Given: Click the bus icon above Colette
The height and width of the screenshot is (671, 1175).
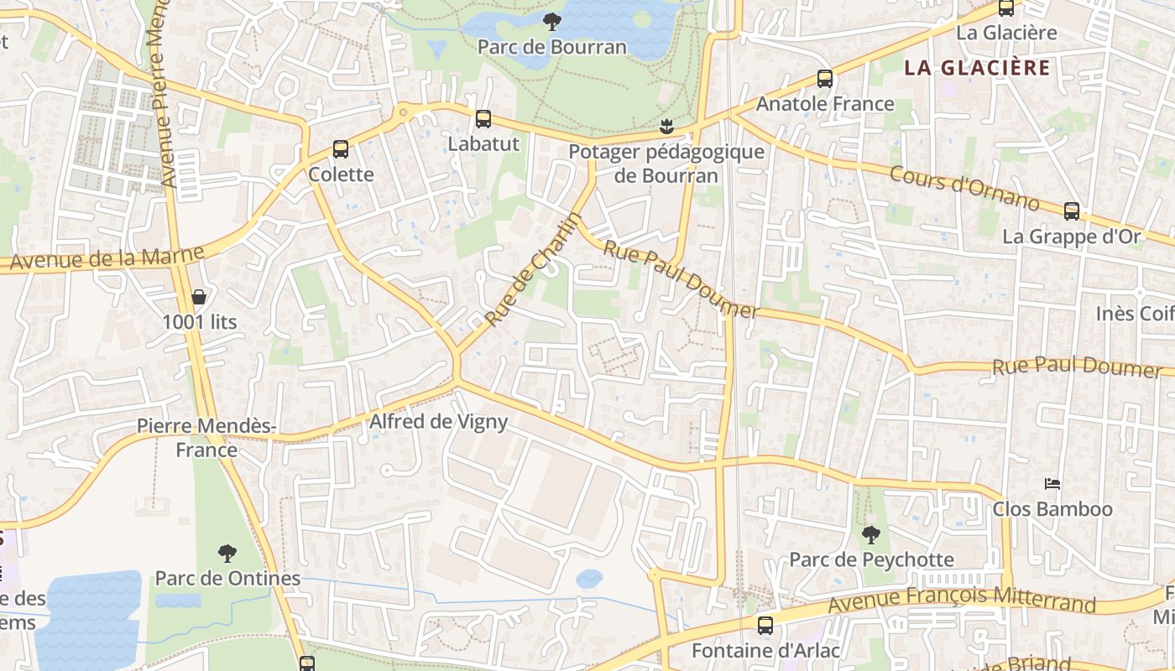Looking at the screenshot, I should [x=341, y=149].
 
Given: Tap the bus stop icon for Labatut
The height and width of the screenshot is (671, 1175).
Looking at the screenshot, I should [x=483, y=119].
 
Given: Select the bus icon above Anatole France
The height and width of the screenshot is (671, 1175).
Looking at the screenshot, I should [x=825, y=79].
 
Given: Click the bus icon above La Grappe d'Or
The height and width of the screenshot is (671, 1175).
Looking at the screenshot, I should [x=1072, y=211].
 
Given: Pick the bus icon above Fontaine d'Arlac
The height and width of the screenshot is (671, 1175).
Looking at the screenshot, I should [x=765, y=625].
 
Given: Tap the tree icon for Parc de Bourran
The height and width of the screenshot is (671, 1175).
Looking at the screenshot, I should [x=551, y=22].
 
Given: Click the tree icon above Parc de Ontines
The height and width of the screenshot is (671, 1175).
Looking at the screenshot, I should [x=227, y=554].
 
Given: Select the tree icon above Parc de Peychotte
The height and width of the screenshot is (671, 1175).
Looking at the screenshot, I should [x=871, y=534].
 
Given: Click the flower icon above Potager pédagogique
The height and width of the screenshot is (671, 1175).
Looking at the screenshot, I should [x=666, y=127].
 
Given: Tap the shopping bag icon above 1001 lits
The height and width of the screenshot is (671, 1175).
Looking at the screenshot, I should [x=199, y=297].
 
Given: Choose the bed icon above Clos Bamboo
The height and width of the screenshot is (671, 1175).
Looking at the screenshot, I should [x=1052, y=484].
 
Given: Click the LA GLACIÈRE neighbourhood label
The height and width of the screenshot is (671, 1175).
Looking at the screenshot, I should [x=977, y=68].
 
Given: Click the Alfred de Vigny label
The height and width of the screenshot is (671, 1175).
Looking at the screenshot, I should [x=438, y=421].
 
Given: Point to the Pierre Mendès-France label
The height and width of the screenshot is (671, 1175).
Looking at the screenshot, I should [x=206, y=438].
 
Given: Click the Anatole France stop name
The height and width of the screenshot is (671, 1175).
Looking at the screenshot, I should [x=825, y=104].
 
